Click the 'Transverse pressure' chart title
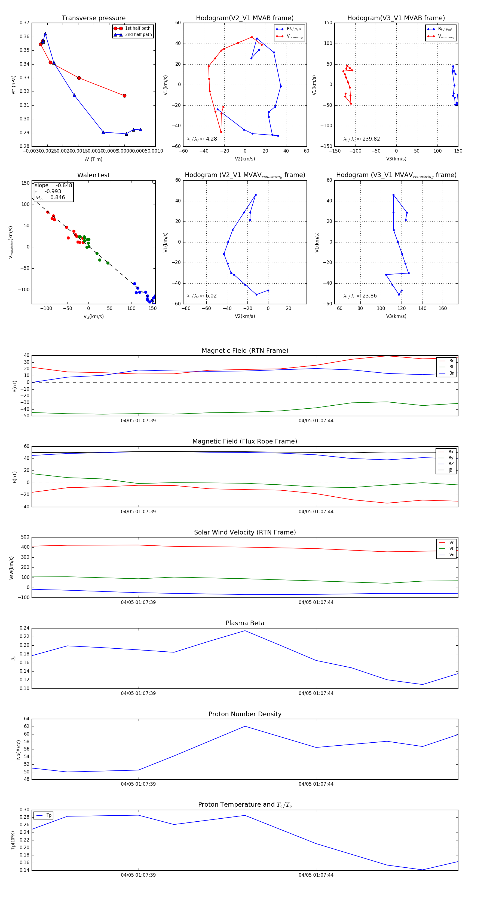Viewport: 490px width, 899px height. pyautogui.click(x=93, y=18)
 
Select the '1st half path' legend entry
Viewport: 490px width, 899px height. pyautogui.click(x=137, y=28)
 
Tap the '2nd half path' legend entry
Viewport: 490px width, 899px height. pyautogui.click(x=138, y=35)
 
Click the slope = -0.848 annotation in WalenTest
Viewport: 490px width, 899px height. pyautogui.click(x=53, y=185)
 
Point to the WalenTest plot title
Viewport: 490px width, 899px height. pyautogui.click(x=93, y=175)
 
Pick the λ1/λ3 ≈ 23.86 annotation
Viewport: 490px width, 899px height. pyautogui.click(x=360, y=296)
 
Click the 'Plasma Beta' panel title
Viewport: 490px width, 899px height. pyautogui.click(x=245, y=623)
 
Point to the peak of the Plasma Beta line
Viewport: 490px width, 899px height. pyautogui.click(x=245, y=631)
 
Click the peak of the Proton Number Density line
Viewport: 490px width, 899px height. pyautogui.click(x=245, y=726)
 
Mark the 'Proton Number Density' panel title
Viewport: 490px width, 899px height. pyautogui.click(x=245, y=714)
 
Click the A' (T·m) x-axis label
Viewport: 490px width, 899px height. pyautogui.click(x=93, y=159)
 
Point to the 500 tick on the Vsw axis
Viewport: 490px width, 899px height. pyautogui.click(x=25, y=537)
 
